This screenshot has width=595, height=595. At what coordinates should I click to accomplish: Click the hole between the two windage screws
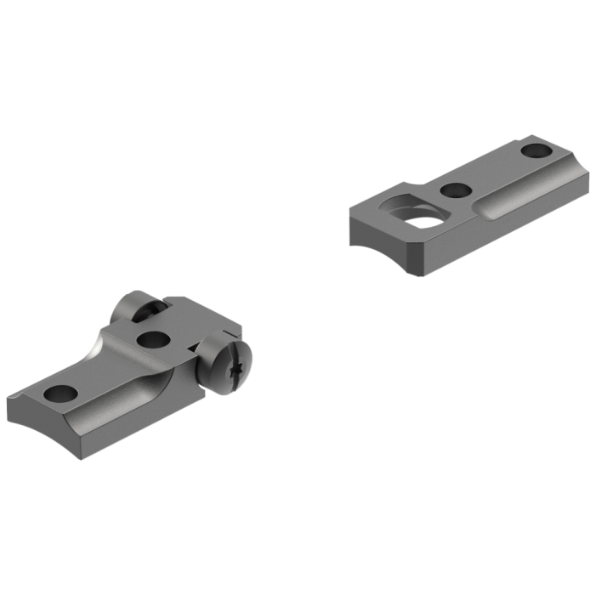[x=154, y=340]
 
